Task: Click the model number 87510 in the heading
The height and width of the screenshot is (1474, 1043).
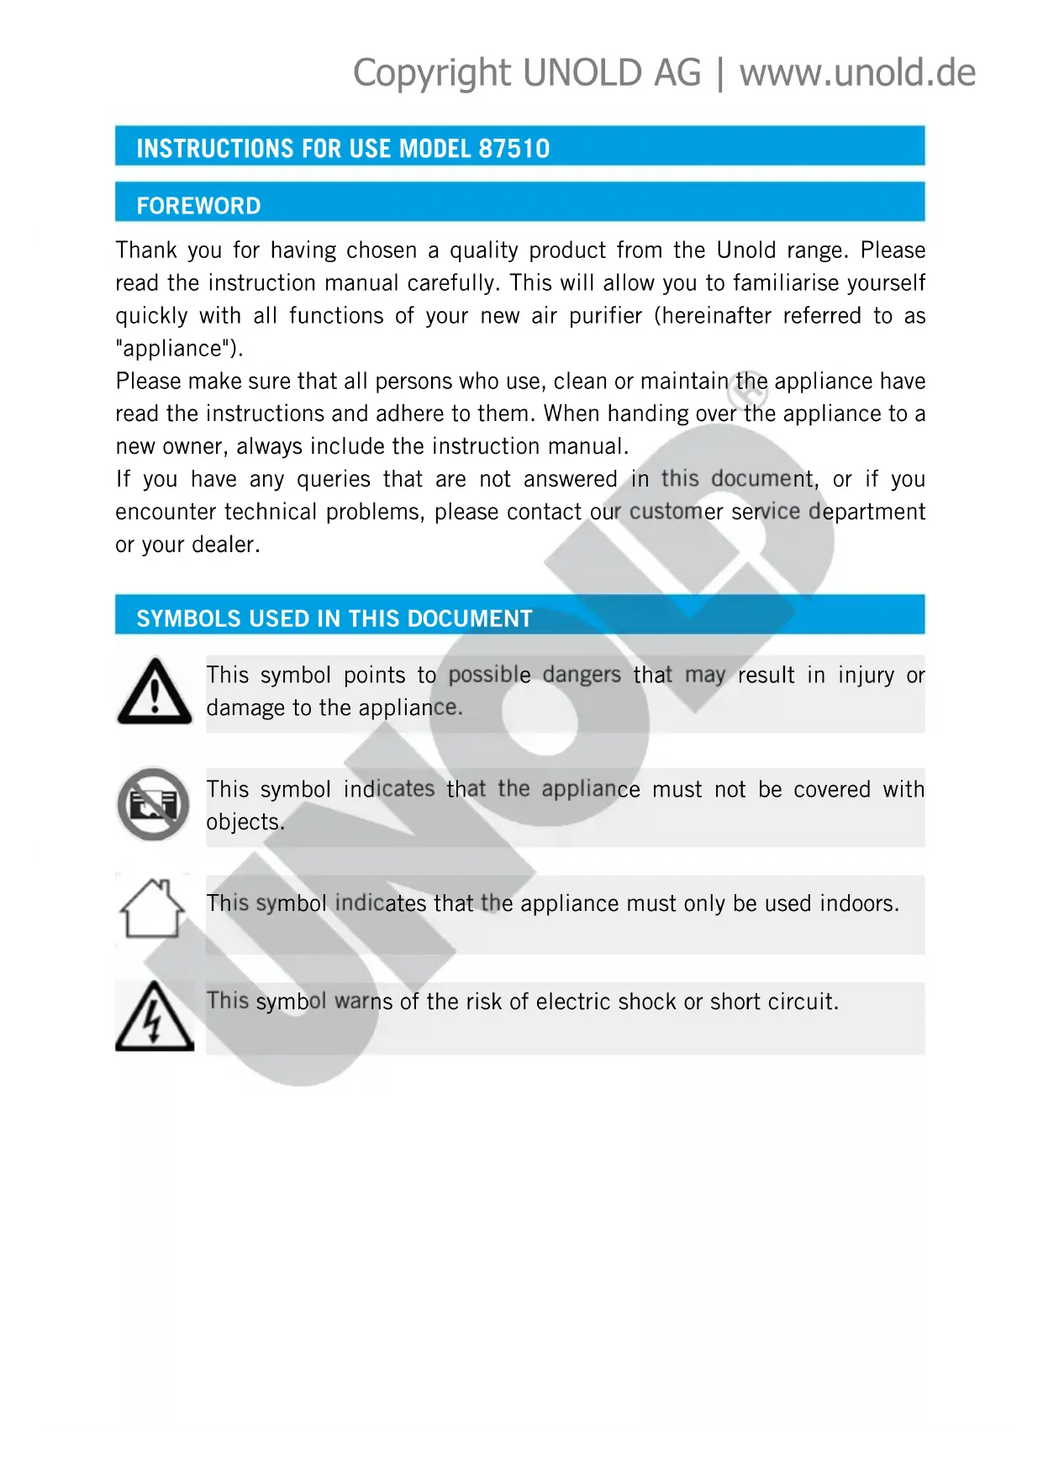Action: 514,149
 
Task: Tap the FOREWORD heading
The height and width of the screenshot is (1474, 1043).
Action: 198,206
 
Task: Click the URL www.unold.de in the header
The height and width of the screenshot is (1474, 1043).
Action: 857,73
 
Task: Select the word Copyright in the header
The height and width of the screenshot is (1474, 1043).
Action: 432,73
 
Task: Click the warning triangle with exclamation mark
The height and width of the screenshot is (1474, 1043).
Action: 155,692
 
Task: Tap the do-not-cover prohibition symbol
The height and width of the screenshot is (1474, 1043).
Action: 153,804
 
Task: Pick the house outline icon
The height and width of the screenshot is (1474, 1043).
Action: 152,908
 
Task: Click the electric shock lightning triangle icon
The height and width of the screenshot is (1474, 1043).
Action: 154,1016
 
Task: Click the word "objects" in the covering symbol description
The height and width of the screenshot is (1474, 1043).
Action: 245,822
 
